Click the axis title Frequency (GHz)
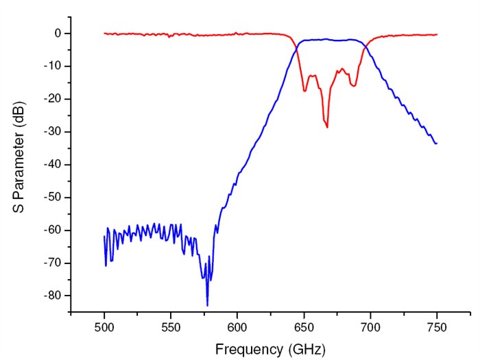[x=270, y=349]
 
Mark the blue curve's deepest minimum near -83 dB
[x=207, y=305]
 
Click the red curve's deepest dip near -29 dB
[x=327, y=127]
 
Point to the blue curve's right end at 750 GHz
[x=437, y=143]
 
